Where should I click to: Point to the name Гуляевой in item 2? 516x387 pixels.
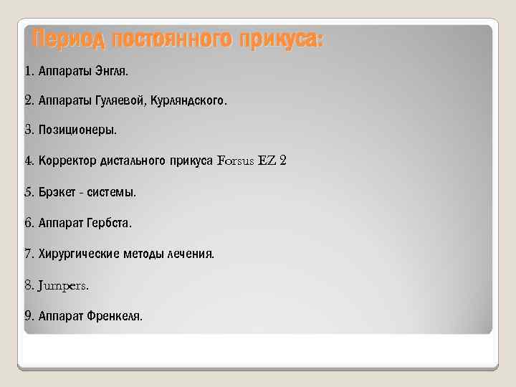[x=119, y=102]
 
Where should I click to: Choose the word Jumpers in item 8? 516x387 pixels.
[x=62, y=285]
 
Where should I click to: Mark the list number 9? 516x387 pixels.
[x=28, y=315]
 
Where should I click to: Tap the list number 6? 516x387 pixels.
[x=28, y=223]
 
